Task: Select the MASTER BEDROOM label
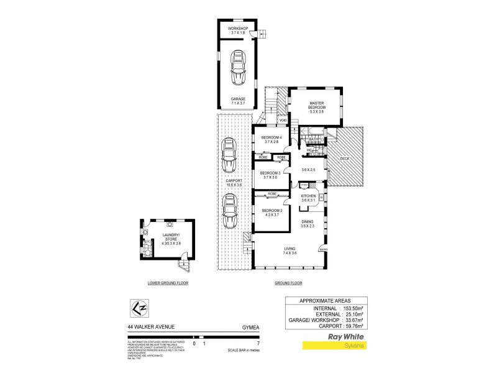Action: tap(317, 106)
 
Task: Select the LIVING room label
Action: tap(290, 251)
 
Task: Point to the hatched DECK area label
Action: tap(345, 159)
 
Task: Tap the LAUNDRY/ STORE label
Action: tap(171, 237)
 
